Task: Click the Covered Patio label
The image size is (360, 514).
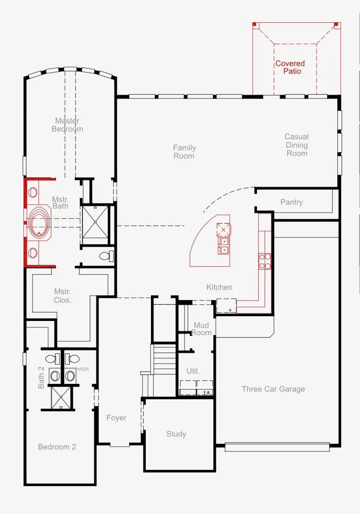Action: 290,67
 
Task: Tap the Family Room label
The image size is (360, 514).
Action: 184,152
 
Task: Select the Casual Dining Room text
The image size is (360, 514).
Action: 297,145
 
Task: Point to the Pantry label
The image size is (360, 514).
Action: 291,202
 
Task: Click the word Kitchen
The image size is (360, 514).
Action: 219,287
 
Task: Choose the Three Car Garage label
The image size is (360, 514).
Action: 273,389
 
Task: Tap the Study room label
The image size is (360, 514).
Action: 176,434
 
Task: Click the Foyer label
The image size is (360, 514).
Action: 116,417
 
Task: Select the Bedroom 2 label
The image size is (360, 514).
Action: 57,447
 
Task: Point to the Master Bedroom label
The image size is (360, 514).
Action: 67,125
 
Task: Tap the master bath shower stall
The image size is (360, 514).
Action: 95,221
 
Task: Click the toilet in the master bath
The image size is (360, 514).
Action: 106,255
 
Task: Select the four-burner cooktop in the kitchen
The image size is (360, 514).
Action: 265,261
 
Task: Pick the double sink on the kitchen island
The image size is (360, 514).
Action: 224,245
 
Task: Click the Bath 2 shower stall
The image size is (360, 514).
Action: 61,398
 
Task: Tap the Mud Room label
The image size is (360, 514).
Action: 201,329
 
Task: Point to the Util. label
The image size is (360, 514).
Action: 193,371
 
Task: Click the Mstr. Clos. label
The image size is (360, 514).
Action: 62,296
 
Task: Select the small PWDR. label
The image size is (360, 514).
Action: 83,369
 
